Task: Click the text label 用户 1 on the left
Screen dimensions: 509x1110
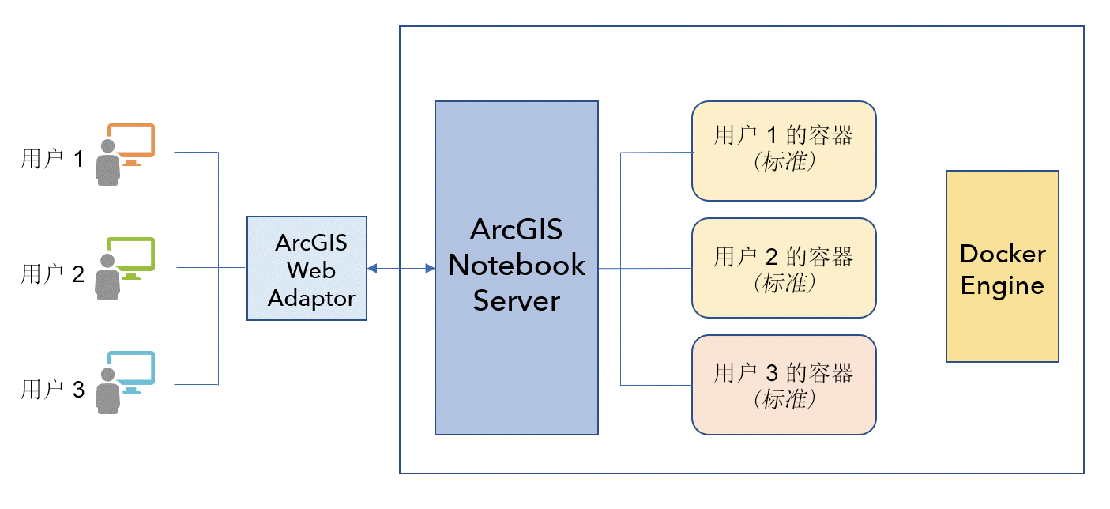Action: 52,160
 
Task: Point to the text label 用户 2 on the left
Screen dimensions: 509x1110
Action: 52,274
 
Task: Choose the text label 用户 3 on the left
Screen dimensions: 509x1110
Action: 52,389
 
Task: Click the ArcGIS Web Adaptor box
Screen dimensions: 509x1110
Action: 307,268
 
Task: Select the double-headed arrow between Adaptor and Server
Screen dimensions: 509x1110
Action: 401,269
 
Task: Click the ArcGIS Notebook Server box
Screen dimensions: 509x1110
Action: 516,267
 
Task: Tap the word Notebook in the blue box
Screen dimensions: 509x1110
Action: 517,265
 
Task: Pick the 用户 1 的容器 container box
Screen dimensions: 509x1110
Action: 784,150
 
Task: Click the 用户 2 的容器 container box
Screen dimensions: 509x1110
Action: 784,267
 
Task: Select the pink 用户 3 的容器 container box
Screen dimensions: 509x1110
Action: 784,384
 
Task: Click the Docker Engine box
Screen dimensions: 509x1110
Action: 1002,266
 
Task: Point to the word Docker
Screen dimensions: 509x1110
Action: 1003,254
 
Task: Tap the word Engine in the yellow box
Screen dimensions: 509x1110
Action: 1003,285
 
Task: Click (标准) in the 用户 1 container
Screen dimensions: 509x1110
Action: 784,163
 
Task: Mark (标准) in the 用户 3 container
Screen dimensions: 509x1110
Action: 784,399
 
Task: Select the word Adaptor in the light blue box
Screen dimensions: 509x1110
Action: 311,299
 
